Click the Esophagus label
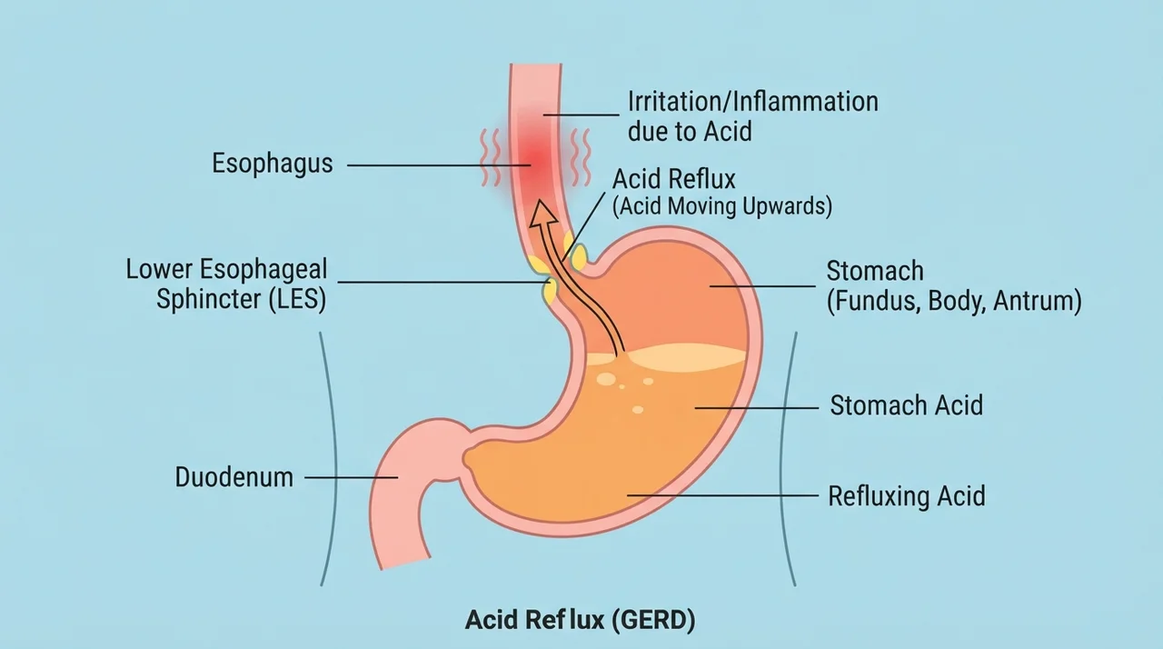[272, 164]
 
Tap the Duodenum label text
[234, 477]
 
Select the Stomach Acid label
[906, 405]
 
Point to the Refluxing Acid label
[907, 495]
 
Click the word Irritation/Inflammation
[753, 101]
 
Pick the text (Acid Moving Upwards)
[722, 206]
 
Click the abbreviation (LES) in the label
[297, 300]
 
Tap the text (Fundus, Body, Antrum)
[954, 301]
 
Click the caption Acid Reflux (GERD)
[580, 619]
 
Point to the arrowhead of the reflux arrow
[542, 214]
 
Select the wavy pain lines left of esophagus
[490, 157]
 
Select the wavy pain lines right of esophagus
[581, 157]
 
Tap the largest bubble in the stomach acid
[606, 379]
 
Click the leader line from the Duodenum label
[352, 478]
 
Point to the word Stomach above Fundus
[875, 271]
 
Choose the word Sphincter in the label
[209, 300]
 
